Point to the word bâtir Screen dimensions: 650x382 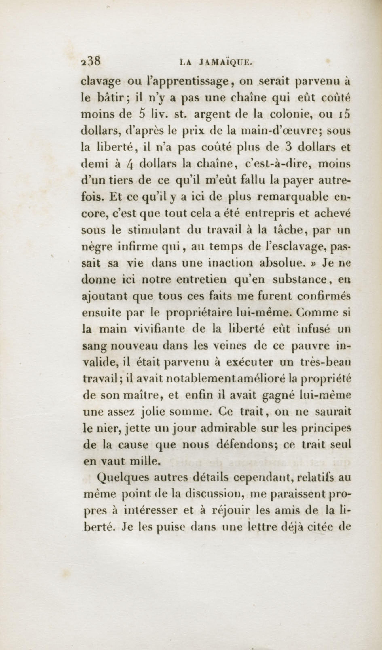point(111,98)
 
